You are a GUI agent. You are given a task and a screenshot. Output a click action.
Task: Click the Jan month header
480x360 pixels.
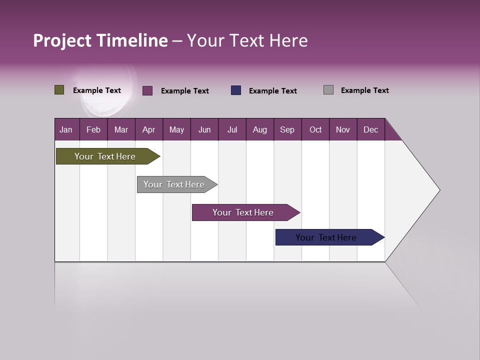point(66,129)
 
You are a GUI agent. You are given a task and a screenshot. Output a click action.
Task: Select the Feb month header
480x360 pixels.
point(93,129)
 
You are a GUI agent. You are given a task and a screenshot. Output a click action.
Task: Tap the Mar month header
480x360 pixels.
point(121,129)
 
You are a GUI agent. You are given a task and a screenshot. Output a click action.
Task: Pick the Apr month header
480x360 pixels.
point(149,129)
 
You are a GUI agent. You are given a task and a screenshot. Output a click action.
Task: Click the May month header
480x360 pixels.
point(176,129)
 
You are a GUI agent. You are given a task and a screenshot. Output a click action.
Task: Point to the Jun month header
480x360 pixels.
point(204,129)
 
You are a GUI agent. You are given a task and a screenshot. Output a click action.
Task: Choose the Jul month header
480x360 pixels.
point(232,129)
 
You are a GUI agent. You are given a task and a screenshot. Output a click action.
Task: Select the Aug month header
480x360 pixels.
point(260,129)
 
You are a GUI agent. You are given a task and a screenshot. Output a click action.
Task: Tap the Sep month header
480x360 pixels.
point(287,129)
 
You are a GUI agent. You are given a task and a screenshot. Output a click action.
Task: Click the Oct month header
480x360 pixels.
point(315,129)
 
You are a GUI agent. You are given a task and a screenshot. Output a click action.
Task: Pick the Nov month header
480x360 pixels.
point(343,129)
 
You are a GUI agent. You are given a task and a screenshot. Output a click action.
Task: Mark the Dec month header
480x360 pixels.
point(371,129)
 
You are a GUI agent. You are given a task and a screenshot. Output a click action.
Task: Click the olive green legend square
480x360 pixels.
point(59,90)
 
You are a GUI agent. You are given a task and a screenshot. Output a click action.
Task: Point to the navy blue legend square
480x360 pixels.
point(236,90)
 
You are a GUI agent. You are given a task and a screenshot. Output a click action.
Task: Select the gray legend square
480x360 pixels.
point(328,90)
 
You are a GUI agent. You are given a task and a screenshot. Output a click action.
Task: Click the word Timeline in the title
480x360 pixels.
point(132,40)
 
